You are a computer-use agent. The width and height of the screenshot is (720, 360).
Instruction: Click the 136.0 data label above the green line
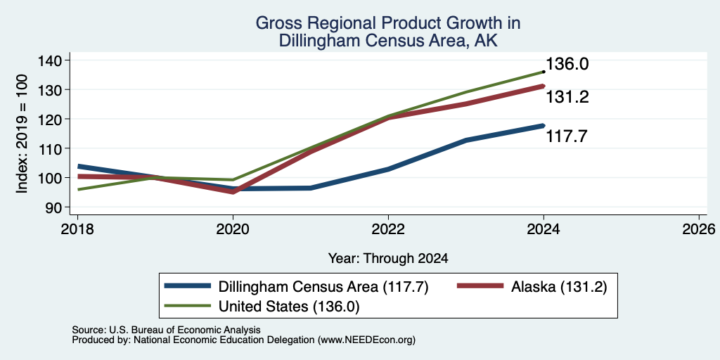click(x=567, y=64)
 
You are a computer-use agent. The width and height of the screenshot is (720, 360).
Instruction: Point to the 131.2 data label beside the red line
click(x=567, y=97)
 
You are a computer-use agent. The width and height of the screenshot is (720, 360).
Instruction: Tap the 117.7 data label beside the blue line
click(x=567, y=136)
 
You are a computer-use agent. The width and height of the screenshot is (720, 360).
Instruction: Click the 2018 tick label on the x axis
click(x=77, y=229)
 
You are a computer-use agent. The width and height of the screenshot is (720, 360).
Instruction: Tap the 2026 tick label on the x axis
click(x=699, y=229)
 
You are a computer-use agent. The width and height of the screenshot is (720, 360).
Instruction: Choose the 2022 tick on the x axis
click(x=388, y=229)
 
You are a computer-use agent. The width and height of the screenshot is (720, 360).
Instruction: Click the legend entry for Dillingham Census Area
click(x=296, y=287)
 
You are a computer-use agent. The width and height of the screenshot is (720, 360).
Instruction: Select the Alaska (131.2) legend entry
click(x=532, y=287)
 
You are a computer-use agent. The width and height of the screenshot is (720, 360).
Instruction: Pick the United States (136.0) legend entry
click(x=262, y=307)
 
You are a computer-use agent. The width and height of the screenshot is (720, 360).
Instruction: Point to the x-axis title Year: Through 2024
click(x=388, y=259)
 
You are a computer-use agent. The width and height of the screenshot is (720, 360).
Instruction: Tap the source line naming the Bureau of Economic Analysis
click(x=166, y=330)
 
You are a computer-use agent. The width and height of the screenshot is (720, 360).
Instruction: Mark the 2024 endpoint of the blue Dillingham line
click(x=544, y=125)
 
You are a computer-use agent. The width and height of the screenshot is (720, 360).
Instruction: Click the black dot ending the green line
click(x=544, y=72)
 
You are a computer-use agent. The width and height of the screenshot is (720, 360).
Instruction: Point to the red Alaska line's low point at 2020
click(x=233, y=191)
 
